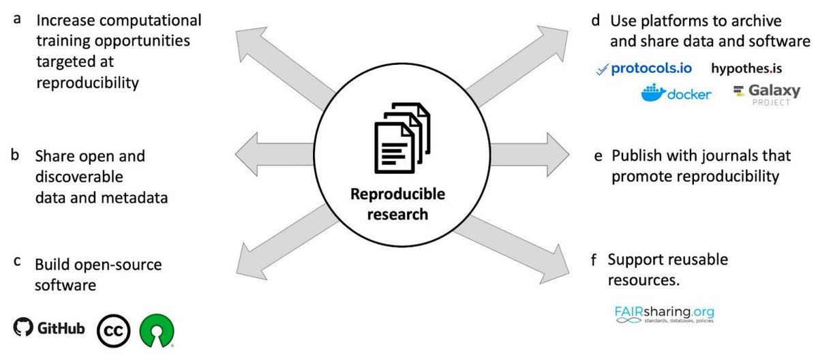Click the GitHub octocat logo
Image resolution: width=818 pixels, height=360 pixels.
(x=23, y=328)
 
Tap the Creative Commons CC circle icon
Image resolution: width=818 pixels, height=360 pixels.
(x=113, y=331)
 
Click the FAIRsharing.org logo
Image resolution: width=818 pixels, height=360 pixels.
(x=664, y=314)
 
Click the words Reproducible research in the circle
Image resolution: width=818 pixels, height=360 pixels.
(x=397, y=204)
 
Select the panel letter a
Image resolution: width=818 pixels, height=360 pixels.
(x=16, y=19)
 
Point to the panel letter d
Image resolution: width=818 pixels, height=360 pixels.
(x=597, y=19)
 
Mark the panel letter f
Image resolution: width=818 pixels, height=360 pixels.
(x=596, y=260)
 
